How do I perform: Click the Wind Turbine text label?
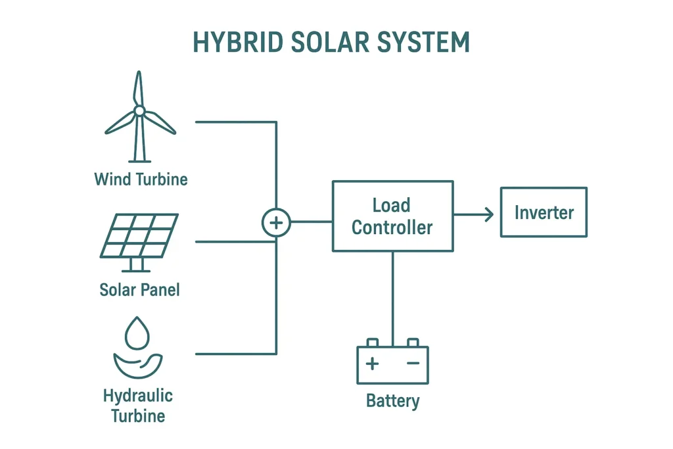pyautogui.click(x=141, y=179)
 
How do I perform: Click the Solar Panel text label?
pyautogui.click(x=139, y=289)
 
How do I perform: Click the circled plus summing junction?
pyautogui.click(x=276, y=223)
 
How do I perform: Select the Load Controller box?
pyautogui.click(x=392, y=216)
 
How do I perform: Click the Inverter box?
pyautogui.click(x=544, y=212)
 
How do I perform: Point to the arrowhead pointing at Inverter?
pyautogui.click(x=488, y=214)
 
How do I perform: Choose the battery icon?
pyautogui.click(x=392, y=364)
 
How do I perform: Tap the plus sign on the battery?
pyautogui.click(x=372, y=363)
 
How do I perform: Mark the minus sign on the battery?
pyautogui.click(x=413, y=363)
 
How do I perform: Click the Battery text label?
pyautogui.click(x=392, y=400)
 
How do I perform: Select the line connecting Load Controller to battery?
pyautogui.click(x=392, y=296)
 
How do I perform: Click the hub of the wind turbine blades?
pyautogui.click(x=139, y=110)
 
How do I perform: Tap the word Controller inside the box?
pyautogui.click(x=392, y=227)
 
